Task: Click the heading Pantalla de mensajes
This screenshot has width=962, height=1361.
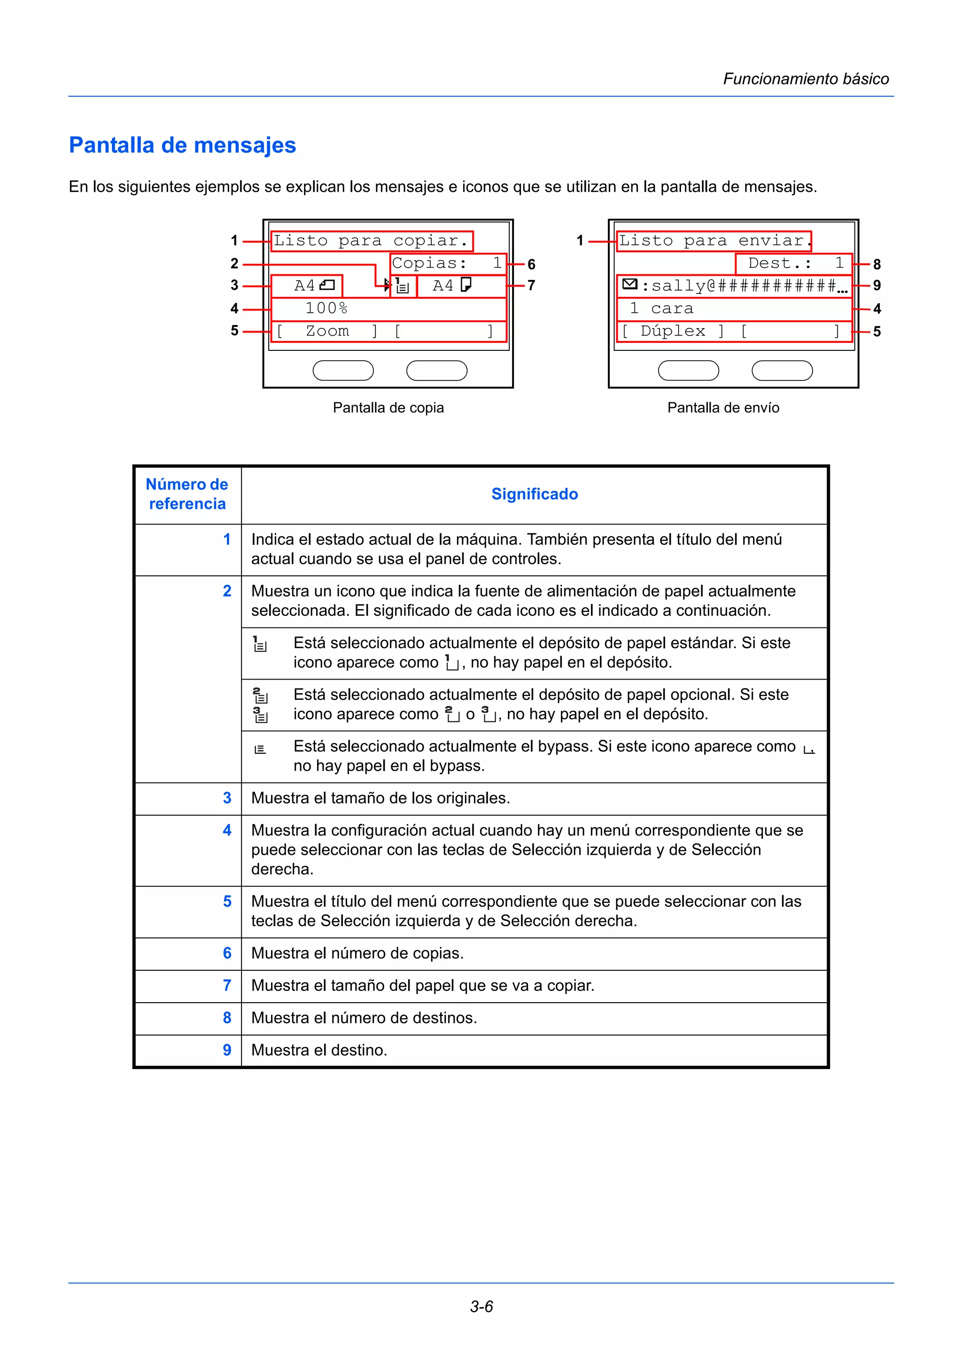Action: click(183, 145)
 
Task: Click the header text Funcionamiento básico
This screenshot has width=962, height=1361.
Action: click(806, 79)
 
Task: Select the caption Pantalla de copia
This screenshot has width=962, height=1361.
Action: click(388, 408)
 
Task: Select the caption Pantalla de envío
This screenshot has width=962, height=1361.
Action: click(723, 408)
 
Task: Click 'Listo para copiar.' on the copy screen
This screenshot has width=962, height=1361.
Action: click(371, 240)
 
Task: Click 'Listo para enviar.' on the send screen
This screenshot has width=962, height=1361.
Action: click(713, 240)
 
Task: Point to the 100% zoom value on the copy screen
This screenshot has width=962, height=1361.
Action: click(326, 308)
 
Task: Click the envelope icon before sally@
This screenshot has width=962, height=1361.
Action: click(630, 285)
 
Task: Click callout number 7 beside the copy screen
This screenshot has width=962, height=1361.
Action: click(531, 286)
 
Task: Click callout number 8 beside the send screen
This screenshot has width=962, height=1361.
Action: click(877, 264)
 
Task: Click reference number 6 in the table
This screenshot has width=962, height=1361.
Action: click(227, 953)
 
